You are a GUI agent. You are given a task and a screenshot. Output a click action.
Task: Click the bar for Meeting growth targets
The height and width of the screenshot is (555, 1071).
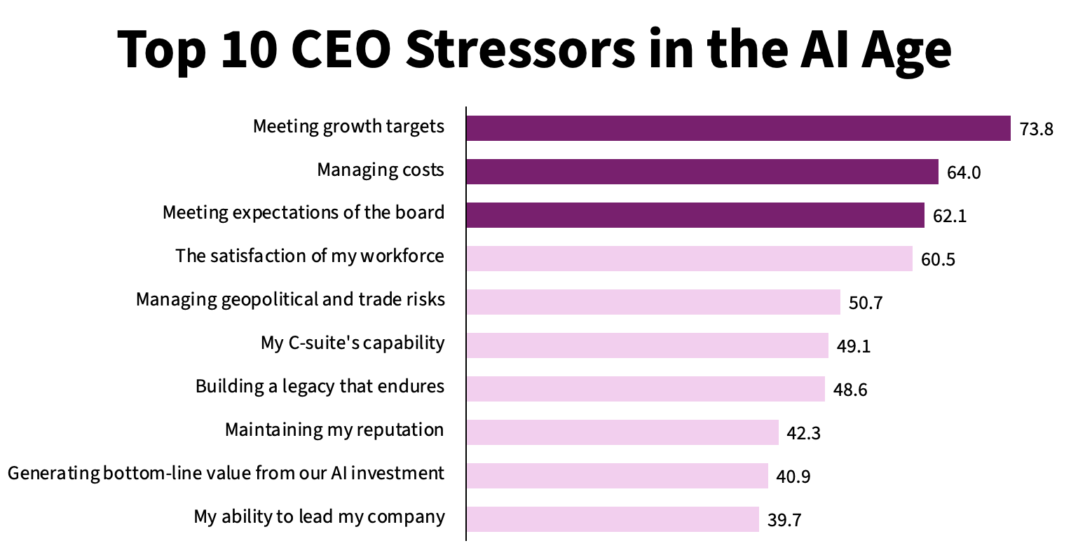click(x=738, y=128)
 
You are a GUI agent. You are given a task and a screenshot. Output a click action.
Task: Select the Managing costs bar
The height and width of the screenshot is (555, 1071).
click(x=702, y=172)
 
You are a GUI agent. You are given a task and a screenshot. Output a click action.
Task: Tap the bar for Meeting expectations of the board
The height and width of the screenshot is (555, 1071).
click(x=695, y=215)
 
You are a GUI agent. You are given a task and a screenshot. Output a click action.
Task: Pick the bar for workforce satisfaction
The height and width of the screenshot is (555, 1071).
click(x=690, y=259)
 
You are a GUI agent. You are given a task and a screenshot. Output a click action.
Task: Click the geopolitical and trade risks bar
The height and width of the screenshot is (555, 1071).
click(x=653, y=302)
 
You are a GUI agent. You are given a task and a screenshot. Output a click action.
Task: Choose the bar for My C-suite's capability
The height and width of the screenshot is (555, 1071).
click(x=648, y=345)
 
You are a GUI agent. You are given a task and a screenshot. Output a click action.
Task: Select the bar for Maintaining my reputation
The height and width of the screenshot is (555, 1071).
click(x=622, y=432)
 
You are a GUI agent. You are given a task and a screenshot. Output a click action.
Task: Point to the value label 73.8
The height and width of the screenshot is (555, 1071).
click(x=1036, y=129)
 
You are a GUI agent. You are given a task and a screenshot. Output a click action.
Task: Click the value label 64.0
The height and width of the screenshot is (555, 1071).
click(x=964, y=172)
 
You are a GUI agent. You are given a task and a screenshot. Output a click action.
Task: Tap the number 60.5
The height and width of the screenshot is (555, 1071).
click(x=938, y=259)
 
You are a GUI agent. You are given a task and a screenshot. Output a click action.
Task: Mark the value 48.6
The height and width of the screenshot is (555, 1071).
click(x=850, y=390)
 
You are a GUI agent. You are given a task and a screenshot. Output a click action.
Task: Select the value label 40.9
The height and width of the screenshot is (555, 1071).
click(x=793, y=477)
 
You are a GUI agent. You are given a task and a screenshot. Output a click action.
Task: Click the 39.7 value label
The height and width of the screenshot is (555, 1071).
click(x=784, y=520)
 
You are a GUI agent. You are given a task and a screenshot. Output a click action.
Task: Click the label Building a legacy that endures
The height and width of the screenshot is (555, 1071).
click(x=320, y=386)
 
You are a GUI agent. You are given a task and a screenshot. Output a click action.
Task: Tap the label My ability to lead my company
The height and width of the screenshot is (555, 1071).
click(x=319, y=516)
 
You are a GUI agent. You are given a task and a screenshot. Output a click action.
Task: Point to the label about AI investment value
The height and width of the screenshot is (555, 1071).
click(x=226, y=473)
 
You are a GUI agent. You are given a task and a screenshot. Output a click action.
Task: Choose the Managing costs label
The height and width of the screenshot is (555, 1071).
click(x=381, y=170)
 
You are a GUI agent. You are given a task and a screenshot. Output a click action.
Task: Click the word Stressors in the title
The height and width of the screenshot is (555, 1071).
click(x=521, y=49)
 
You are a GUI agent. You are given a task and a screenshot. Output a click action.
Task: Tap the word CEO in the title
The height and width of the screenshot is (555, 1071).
click(x=341, y=49)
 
